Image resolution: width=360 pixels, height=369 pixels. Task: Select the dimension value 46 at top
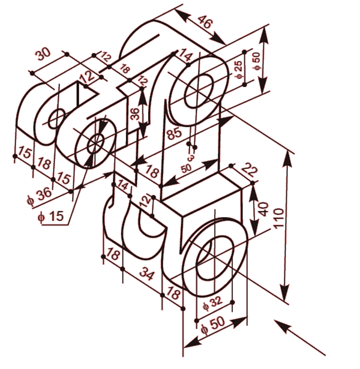pos(205,25)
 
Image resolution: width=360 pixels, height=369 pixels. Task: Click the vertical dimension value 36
pos(135,115)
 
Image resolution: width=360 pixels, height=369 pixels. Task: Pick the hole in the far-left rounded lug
pos(56,118)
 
